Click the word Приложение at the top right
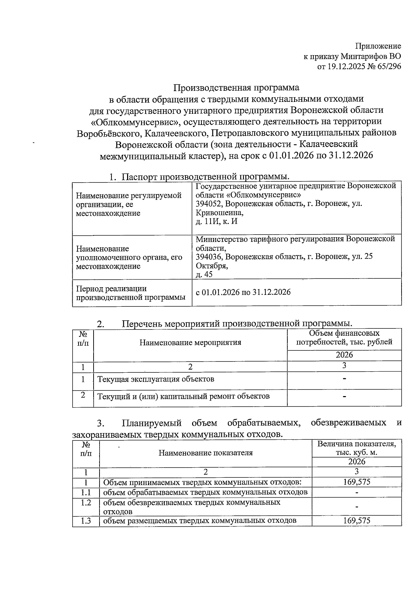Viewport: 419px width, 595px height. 378,46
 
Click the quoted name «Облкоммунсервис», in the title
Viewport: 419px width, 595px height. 135,121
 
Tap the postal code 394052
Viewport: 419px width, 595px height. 208,203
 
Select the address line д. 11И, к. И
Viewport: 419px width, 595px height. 216,221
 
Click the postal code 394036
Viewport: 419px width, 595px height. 208,256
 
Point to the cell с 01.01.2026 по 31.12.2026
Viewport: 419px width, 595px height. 243,292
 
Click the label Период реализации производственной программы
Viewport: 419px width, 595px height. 131,293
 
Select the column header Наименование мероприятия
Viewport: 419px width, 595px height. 190,342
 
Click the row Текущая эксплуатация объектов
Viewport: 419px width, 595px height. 156,379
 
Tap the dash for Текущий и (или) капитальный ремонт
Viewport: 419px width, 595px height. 344,396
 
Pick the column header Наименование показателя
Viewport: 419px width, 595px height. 205,453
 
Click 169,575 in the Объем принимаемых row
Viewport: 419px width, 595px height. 356,482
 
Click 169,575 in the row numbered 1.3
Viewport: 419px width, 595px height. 356,521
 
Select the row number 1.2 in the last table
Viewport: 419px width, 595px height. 86,503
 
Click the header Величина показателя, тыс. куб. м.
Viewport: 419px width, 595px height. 356,448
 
